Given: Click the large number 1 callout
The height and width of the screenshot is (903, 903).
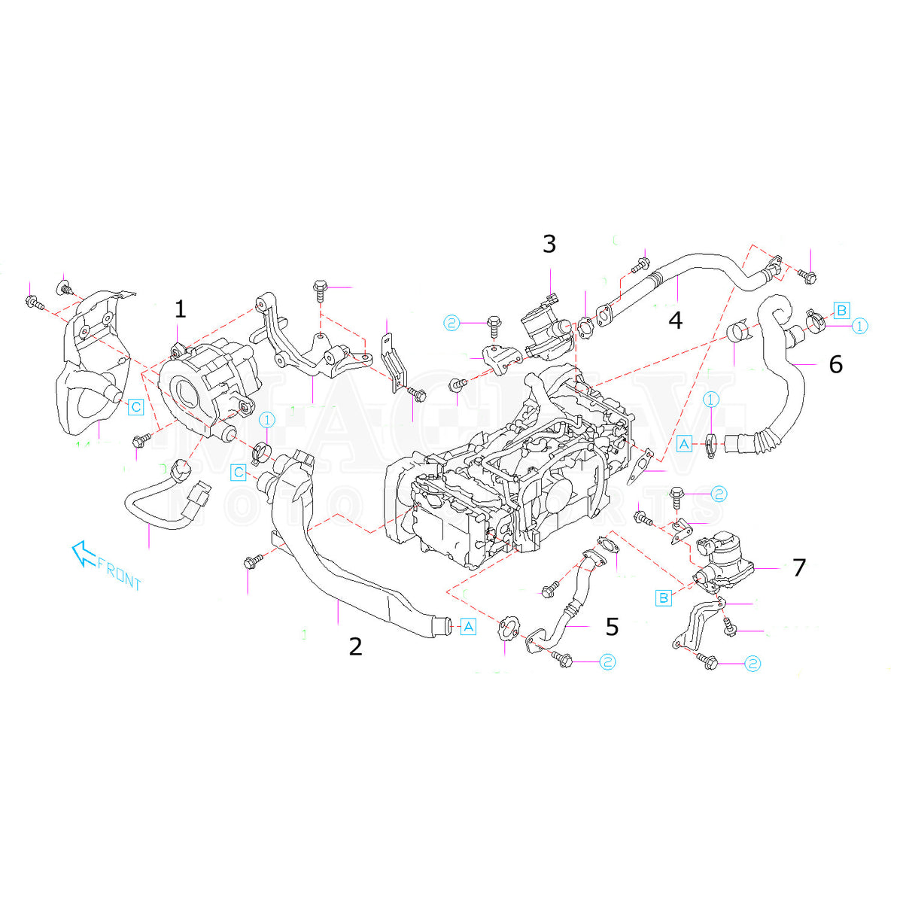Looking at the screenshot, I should coord(179,309).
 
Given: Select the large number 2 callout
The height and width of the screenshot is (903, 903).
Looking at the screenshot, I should coord(355,646).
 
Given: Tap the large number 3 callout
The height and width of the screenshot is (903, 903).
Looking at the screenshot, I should coord(549,244).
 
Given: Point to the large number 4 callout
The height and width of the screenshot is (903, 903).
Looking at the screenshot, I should coord(675,321).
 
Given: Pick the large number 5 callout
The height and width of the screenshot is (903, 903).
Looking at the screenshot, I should coord(612,626).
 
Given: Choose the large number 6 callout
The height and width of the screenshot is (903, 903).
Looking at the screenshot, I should coord(835,365).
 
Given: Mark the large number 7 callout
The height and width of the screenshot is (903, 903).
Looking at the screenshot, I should coord(799,567).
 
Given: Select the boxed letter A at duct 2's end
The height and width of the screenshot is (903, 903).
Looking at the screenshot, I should coord(468,626).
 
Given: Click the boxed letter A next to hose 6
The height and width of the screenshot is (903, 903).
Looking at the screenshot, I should coord(684,445).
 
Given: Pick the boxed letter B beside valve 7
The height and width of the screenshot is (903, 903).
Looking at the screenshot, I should coord(664,598).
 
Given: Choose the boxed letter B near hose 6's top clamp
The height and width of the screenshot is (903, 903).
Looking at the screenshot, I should coord(842,309).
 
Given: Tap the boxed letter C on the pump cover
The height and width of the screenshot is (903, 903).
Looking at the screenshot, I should coord(135,407).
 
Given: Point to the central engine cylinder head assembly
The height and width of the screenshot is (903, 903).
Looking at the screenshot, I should coord(504,474).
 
